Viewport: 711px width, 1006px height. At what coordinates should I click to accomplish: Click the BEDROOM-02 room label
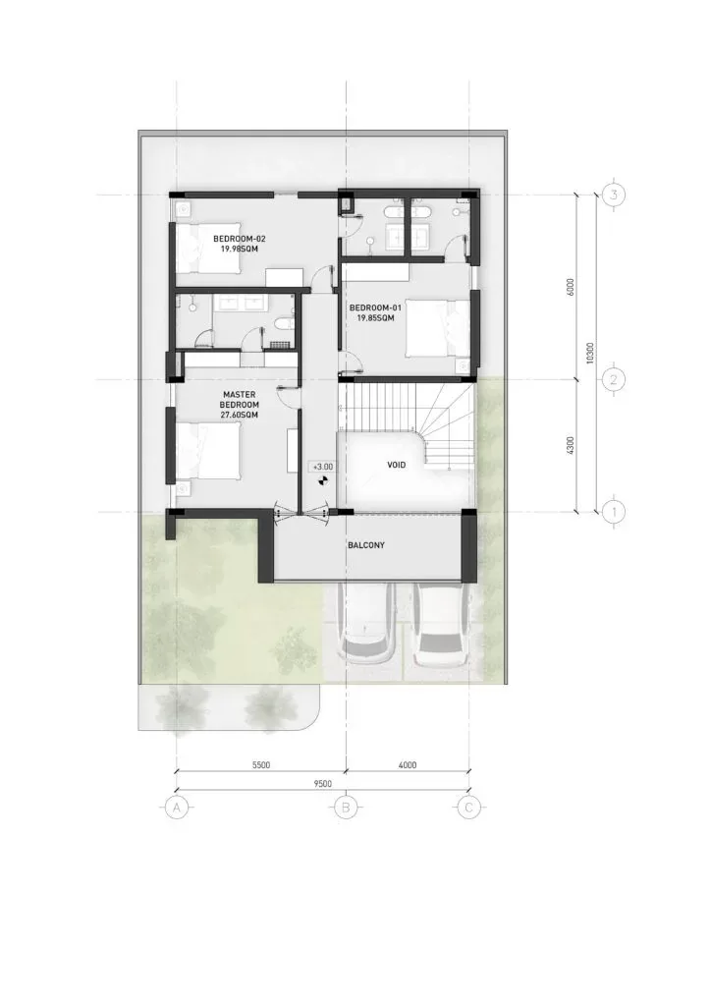pyautogui.click(x=240, y=244)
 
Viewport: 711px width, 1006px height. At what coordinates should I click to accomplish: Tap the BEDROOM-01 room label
pyautogui.click(x=376, y=312)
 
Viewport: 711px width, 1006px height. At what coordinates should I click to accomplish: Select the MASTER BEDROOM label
pyautogui.click(x=240, y=405)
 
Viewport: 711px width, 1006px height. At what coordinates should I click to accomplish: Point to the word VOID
pyautogui.click(x=396, y=465)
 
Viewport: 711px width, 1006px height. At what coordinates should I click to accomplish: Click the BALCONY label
pyautogui.click(x=366, y=545)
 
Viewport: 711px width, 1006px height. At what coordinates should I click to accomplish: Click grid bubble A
pyautogui.click(x=177, y=808)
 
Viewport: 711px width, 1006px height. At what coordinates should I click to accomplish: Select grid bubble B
pyautogui.click(x=347, y=808)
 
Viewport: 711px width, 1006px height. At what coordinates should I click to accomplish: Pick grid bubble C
pyautogui.click(x=468, y=808)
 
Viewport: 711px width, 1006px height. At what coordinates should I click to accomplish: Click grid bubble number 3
pyautogui.click(x=614, y=195)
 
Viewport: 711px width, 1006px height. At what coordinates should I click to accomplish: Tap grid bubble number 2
pyautogui.click(x=614, y=380)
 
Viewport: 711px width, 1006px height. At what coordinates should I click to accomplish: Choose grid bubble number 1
pyautogui.click(x=614, y=512)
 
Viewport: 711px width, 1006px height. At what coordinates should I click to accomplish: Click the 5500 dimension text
pyautogui.click(x=261, y=764)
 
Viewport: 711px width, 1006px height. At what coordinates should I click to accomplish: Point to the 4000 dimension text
pyautogui.click(x=408, y=764)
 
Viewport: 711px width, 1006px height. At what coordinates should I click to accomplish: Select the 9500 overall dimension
pyautogui.click(x=322, y=783)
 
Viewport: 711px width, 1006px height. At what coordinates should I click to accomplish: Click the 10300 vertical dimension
pyautogui.click(x=590, y=353)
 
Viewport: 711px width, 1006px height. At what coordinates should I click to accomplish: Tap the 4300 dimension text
pyautogui.click(x=571, y=446)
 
